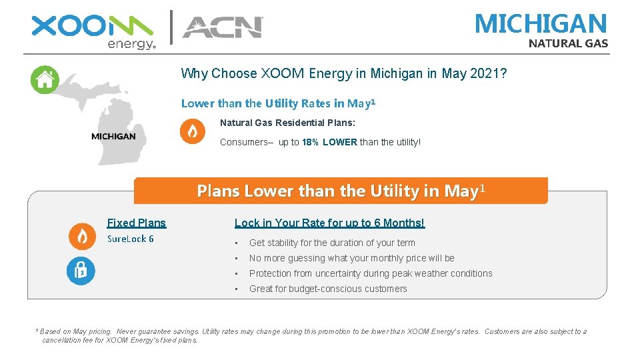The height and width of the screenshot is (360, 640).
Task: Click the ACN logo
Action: (223, 27)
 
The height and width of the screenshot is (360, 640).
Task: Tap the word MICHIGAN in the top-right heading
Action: (541, 24)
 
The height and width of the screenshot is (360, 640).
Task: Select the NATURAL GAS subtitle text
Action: (568, 44)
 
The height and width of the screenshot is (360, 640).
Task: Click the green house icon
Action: (45, 80)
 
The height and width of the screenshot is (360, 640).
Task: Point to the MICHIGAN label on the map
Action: (113, 136)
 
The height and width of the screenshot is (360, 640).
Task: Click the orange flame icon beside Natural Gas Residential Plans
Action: (193, 131)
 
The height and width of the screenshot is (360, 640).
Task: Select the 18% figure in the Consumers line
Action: (309, 142)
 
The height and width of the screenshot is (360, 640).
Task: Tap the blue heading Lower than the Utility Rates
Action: (278, 103)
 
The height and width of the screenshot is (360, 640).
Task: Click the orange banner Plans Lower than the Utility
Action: (341, 191)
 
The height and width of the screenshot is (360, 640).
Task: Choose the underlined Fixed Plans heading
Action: (137, 223)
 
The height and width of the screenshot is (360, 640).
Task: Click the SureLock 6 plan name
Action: (131, 239)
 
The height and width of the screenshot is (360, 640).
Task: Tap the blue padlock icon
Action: (81, 271)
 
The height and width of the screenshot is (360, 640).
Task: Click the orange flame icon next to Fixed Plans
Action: (82, 236)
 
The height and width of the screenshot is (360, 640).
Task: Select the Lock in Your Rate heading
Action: (329, 223)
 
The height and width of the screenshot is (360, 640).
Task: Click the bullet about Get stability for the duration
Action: (331, 243)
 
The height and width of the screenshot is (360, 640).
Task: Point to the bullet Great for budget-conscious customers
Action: (327, 289)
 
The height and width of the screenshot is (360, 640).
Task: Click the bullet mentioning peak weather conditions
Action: (370, 273)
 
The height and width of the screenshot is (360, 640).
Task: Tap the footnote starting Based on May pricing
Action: (313, 335)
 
